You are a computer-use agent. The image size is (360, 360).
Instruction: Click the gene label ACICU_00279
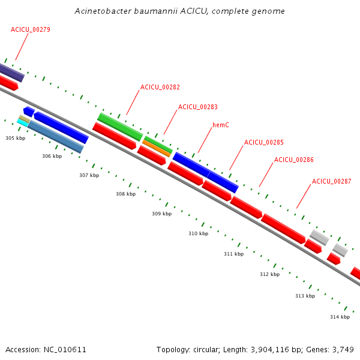tap(30, 29)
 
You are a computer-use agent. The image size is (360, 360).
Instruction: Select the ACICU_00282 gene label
tap(160, 87)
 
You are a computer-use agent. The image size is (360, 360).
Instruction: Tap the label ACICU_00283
tap(198, 107)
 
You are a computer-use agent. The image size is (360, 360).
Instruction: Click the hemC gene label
tap(221, 125)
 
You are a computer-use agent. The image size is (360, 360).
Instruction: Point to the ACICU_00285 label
tap(264, 142)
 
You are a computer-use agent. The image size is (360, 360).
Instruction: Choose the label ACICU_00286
tap(294, 160)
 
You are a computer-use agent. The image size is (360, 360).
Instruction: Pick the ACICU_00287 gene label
tap(332, 181)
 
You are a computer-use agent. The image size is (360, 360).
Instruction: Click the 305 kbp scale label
tap(16, 138)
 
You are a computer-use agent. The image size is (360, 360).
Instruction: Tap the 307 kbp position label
tap(89, 175)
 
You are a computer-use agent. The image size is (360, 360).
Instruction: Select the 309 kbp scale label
tap(161, 214)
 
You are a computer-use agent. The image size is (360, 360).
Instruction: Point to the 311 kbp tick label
tap(233, 254)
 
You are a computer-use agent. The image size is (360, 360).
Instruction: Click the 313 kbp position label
tap(305, 296)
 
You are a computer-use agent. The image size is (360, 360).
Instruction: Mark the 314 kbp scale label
tap(340, 317)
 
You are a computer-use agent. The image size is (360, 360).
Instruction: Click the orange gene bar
tap(157, 148)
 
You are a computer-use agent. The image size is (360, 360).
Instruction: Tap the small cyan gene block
tap(23, 122)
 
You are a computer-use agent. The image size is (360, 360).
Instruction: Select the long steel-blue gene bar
tap(55, 137)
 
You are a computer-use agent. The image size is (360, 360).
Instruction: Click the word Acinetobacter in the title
tap(100, 11)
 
